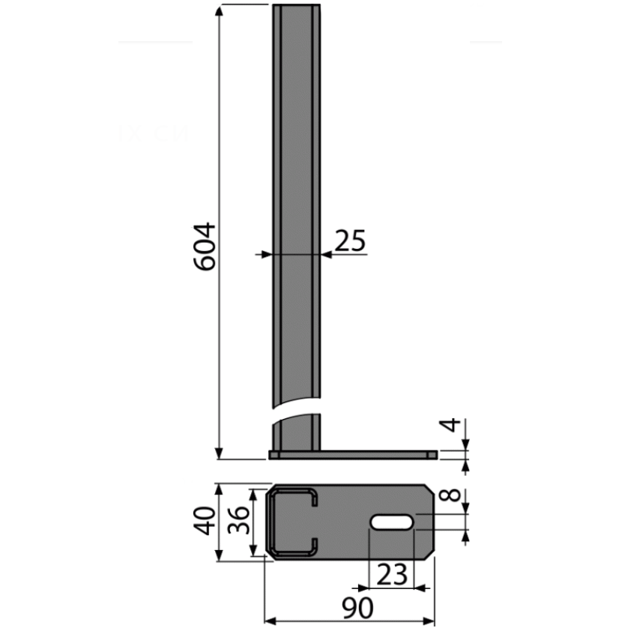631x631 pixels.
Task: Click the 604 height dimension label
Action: click(x=205, y=247)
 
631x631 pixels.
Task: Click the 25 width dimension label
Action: click(x=351, y=241)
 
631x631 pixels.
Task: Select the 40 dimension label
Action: click(x=205, y=521)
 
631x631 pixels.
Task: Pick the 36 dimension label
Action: click(x=238, y=520)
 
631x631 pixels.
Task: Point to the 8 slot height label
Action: click(x=450, y=495)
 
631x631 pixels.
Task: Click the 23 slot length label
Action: click(x=392, y=574)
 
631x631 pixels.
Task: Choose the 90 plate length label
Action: click(x=357, y=608)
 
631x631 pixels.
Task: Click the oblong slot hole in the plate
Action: click(x=391, y=522)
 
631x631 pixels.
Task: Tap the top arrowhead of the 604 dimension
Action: click(x=219, y=10)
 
